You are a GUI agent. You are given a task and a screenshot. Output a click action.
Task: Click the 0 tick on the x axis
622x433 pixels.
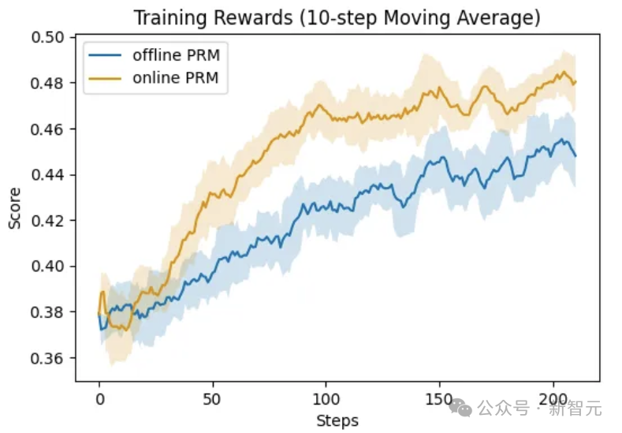tap(99, 399)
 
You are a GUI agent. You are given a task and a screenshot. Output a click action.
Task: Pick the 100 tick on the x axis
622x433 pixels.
tap(326, 399)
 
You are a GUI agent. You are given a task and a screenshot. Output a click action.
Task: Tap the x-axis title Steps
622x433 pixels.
tap(337, 420)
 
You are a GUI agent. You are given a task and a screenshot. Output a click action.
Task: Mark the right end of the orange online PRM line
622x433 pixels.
tap(575, 82)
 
